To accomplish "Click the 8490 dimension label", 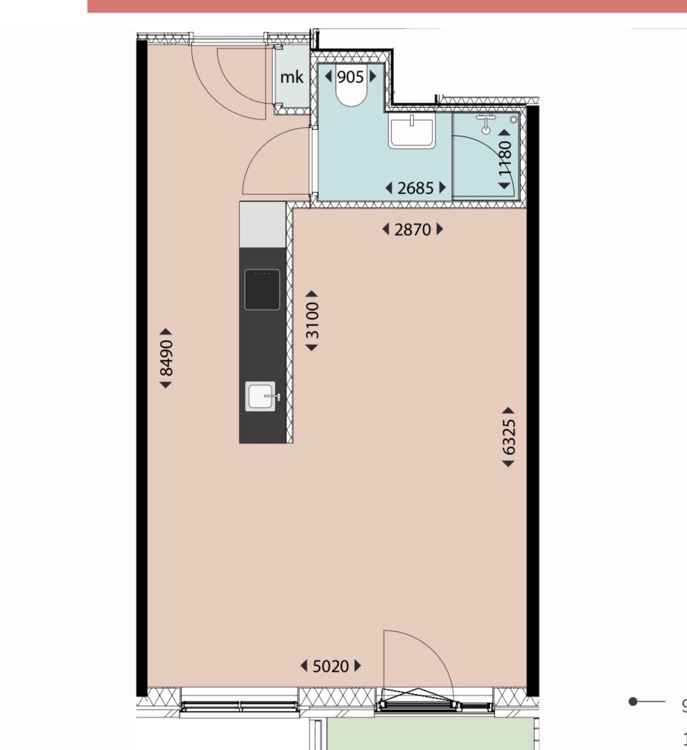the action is point(166,358).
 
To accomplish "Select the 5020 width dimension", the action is point(330,666).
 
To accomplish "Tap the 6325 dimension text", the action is point(508,437).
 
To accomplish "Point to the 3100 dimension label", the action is point(312,321).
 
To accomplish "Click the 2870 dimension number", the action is point(412,229).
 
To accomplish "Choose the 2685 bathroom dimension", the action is point(415,188).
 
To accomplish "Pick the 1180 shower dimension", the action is point(504,158).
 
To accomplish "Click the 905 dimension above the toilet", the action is point(351,77).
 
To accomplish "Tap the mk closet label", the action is point(292,78).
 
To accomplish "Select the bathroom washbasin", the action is point(412,131).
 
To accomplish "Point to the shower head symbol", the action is point(485,124).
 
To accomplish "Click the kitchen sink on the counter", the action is point(261,396).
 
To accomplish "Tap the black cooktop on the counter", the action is point(262,289).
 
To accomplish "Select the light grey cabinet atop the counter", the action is point(263,224).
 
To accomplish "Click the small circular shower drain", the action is point(514,120).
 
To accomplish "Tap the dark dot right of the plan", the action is point(633,701).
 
